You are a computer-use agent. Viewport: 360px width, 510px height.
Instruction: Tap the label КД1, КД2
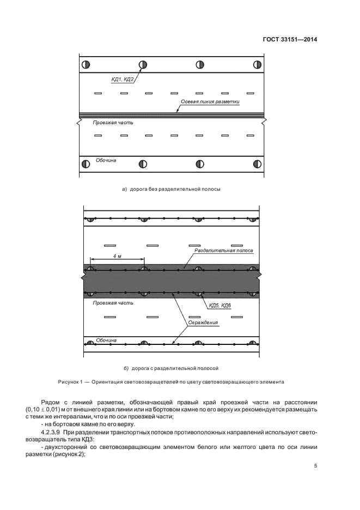[x=123, y=80]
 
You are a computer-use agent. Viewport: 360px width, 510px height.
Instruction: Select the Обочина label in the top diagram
[x=106, y=160]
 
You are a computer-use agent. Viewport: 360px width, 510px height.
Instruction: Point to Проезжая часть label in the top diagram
[x=113, y=123]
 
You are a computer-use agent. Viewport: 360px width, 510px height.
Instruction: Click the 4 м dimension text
[x=117, y=256]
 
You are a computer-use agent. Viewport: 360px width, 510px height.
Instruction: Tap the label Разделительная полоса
[x=224, y=250]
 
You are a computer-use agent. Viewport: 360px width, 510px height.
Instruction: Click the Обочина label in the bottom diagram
[x=106, y=340]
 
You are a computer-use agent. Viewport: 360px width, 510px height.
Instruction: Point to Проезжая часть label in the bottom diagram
[x=113, y=302]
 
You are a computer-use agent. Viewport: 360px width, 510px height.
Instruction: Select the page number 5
[x=316, y=466]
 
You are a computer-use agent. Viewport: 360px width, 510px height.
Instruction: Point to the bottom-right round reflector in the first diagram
[x=258, y=163]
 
